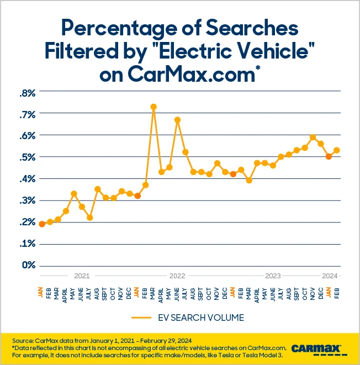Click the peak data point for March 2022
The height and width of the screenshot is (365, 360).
153,107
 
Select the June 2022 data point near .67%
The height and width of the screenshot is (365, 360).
177,119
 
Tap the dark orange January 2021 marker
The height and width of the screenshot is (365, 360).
41,224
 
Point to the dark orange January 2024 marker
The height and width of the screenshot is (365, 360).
329,156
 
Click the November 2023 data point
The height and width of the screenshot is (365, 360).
313,137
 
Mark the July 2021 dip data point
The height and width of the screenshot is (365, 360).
89,218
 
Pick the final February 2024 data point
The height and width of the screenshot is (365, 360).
336,150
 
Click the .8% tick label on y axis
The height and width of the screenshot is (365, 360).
27,93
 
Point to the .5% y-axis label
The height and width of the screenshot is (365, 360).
27,157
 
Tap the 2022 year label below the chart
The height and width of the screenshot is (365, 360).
177,275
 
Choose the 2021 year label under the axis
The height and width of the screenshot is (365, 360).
81,275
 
